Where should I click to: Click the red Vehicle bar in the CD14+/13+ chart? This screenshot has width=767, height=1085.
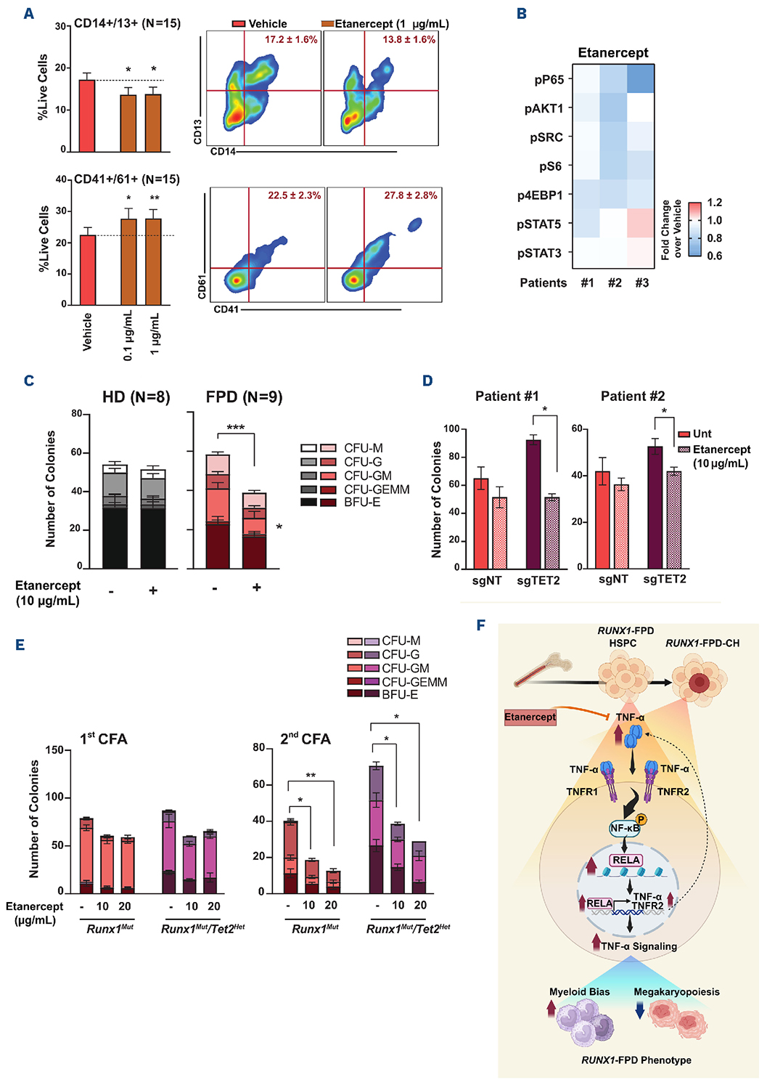click(87, 116)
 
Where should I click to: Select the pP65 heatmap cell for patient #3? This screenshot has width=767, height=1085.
click(641, 79)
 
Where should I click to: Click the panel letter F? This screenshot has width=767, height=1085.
click(480, 625)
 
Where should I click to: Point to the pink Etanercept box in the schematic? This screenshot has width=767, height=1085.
click(530, 718)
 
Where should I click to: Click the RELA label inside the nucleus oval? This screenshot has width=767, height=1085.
click(626, 860)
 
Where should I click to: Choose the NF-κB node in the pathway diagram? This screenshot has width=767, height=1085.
click(624, 828)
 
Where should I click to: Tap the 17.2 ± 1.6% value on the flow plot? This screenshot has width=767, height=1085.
click(291, 40)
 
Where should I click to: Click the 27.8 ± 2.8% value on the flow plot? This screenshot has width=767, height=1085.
click(411, 195)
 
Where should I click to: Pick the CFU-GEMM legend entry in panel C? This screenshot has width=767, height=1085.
click(377, 489)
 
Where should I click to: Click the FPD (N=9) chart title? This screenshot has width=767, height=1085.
click(244, 397)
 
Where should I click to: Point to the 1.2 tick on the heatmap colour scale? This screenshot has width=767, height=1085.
click(715, 203)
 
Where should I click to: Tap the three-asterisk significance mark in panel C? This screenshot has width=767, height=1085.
click(235, 428)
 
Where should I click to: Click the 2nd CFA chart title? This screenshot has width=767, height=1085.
click(305, 739)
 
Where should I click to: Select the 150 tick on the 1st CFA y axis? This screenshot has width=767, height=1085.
click(54, 750)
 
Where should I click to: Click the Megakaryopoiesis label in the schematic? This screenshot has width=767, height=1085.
click(676, 992)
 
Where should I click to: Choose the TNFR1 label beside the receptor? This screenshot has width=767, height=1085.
click(582, 792)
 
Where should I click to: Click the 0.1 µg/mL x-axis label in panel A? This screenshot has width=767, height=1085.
click(128, 335)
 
